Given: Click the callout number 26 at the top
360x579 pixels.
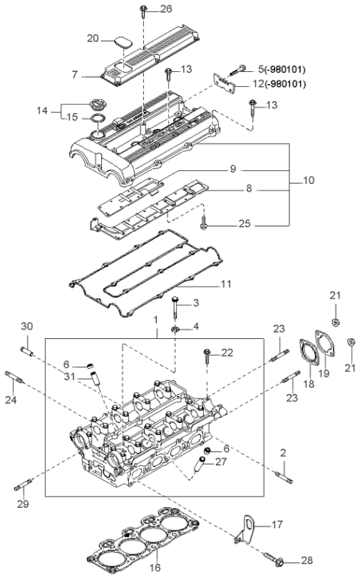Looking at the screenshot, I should point(166,9).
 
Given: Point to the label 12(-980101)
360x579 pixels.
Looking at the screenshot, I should point(278,84).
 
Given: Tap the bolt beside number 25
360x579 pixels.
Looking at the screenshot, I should point(204,223).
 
